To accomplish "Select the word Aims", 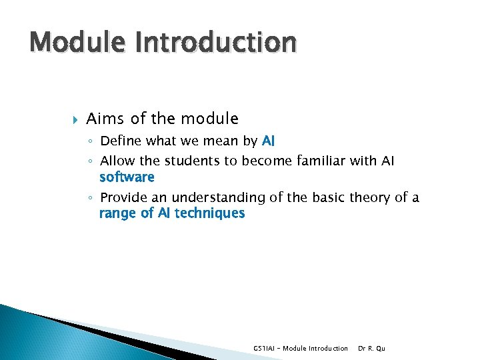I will (106, 119).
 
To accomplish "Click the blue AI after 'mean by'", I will (269, 141).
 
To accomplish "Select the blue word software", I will (127, 177).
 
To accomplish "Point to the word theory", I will (371, 198).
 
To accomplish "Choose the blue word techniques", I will (209, 213).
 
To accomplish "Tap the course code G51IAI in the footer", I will (265, 348).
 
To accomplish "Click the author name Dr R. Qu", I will (371, 348).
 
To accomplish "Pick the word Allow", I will (117, 162).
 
